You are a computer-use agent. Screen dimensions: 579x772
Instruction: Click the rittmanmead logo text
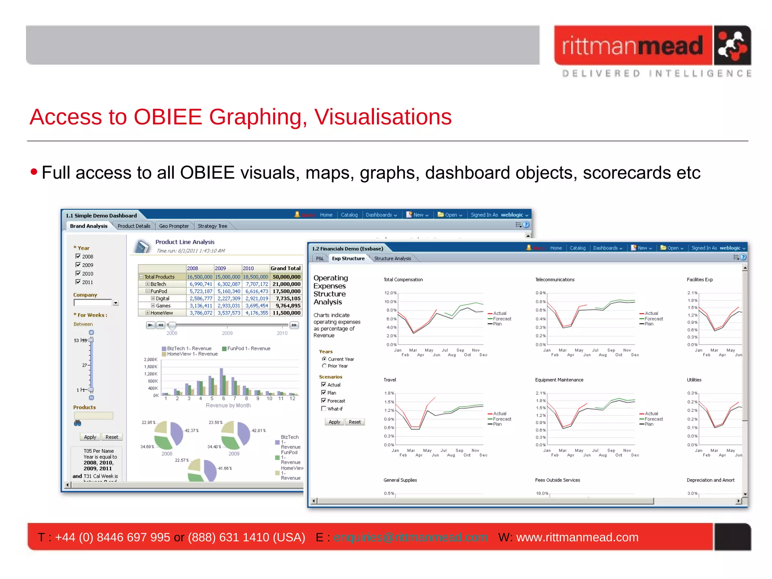click(633, 46)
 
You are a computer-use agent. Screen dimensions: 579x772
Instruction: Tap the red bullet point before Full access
click(34, 172)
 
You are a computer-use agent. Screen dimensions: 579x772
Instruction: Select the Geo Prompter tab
click(174, 226)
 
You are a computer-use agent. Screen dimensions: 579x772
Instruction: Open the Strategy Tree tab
click(212, 226)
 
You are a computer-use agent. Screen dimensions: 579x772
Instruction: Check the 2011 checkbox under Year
click(78, 282)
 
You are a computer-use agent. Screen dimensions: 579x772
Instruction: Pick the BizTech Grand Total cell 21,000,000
click(286, 284)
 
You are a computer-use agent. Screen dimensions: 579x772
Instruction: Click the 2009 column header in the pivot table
click(221, 268)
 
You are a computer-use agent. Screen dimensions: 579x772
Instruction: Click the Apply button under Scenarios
click(334, 422)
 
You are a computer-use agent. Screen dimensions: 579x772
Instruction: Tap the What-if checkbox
click(323, 409)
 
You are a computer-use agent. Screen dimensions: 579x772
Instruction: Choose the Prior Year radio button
click(324, 366)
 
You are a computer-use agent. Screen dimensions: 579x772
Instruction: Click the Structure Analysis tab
click(392, 259)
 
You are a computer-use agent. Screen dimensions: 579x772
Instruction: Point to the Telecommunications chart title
click(554, 280)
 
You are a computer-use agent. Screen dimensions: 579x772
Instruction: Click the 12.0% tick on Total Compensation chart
click(390, 293)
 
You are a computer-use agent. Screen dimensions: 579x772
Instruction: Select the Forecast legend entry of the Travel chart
click(502, 419)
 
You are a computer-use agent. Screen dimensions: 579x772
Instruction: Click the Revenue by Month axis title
click(228, 406)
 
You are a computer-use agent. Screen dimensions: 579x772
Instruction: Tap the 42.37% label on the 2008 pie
click(191, 430)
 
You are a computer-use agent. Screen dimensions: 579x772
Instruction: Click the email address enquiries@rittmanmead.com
click(410, 537)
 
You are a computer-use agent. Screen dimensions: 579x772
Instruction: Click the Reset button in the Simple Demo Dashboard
click(112, 437)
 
